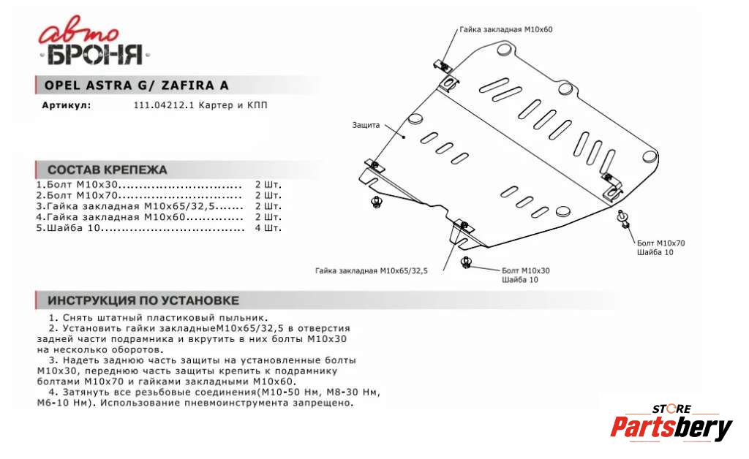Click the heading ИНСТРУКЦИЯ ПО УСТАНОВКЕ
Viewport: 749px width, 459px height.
point(143,300)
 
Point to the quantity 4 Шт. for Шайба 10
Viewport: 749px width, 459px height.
point(268,228)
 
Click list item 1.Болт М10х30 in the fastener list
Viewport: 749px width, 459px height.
point(78,185)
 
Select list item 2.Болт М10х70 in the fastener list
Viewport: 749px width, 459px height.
point(78,196)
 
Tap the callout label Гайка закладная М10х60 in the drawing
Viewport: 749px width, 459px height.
point(506,30)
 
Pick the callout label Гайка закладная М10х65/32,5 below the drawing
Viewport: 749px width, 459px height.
point(371,270)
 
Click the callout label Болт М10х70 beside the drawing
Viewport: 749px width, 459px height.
point(660,242)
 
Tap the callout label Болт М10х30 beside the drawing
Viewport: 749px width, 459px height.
point(525,270)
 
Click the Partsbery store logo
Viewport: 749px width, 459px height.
point(671,423)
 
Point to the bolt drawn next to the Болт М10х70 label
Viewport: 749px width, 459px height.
point(623,219)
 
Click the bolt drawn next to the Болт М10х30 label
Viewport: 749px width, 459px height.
point(465,263)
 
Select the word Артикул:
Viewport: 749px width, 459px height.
point(67,105)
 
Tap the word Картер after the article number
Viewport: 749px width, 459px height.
point(214,105)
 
